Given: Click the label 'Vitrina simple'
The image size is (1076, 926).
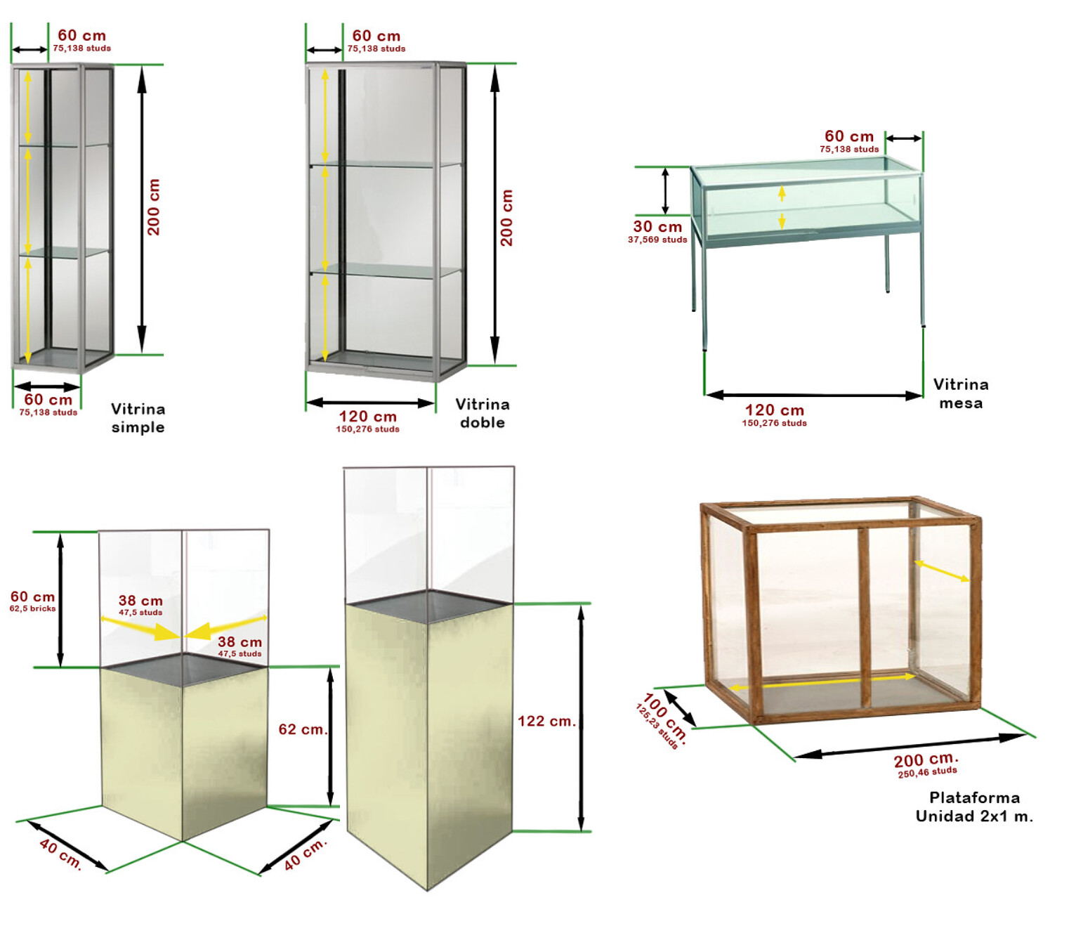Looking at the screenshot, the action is (x=138, y=418).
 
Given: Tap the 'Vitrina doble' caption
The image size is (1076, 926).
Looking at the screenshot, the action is (x=482, y=413).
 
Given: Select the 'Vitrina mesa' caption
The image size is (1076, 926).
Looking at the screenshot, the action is (x=960, y=393).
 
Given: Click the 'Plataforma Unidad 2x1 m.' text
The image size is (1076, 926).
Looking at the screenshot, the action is (x=974, y=807).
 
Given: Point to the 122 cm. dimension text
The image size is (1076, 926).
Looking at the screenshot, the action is (x=546, y=721).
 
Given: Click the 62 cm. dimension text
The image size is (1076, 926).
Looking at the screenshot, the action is (x=303, y=729).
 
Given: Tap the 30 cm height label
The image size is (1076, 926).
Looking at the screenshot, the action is (x=657, y=226).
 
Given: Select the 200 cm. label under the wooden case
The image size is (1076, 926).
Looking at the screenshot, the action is (x=926, y=759).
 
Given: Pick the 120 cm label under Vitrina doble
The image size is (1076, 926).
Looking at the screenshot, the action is (x=367, y=416).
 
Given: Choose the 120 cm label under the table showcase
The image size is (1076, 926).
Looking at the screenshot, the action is (x=774, y=410).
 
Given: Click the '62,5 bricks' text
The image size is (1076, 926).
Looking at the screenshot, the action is (x=32, y=608).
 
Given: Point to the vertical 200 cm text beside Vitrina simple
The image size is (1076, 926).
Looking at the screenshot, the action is (x=154, y=207).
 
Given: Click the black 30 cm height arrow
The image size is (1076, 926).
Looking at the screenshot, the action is (x=664, y=191).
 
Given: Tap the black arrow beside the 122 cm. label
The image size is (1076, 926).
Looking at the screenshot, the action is (x=581, y=718).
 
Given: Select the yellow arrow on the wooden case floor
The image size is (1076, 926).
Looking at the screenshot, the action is (x=822, y=682).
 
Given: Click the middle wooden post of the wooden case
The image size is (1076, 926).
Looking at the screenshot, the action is (x=864, y=618).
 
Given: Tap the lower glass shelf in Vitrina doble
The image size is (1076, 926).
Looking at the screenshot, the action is (x=385, y=271).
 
